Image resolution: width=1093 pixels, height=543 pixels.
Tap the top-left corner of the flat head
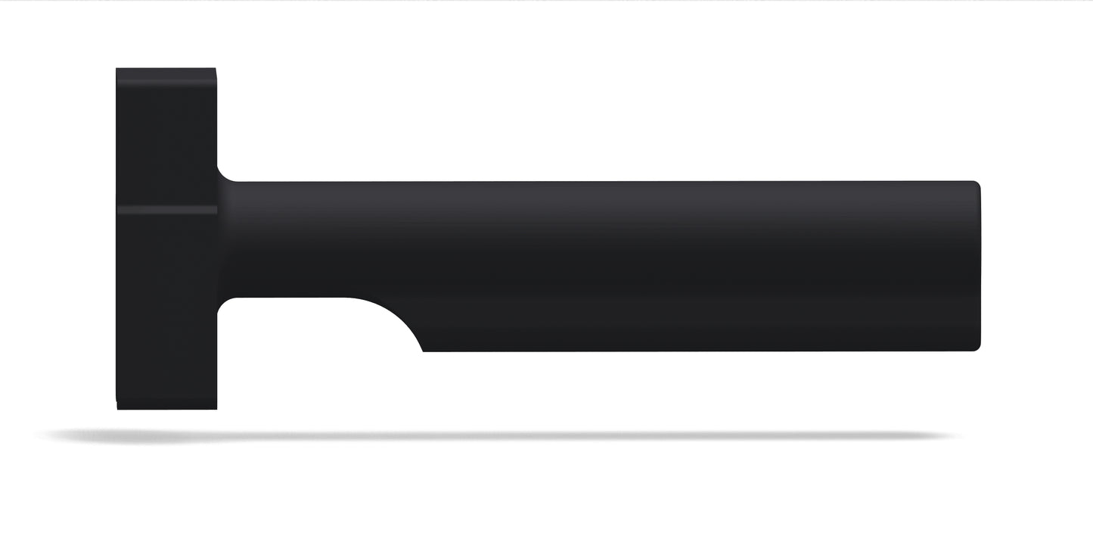[x=117, y=70]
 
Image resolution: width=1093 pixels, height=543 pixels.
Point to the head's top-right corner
[x=216, y=70]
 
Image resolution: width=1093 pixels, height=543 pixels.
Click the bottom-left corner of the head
[x=118, y=408]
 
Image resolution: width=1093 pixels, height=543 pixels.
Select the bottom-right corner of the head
[x=216, y=408]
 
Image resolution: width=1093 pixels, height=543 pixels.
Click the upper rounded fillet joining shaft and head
[x=224, y=176]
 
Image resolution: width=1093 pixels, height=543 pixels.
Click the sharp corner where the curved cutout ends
[x=423, y=351]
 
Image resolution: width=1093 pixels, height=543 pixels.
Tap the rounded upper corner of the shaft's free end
[x=977, y=185]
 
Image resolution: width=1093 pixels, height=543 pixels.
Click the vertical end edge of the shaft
[x=980, y=265]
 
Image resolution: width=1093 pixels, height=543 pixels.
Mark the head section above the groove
[x=166, y=136]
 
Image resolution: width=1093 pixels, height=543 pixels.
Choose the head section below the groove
[x=166, y=303]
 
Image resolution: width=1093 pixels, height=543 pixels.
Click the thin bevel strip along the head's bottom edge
[x=166, y=405]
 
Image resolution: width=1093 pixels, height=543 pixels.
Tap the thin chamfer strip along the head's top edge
[x=166, y=72]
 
